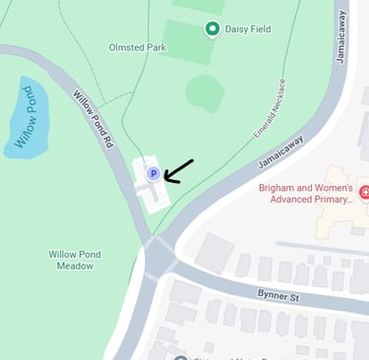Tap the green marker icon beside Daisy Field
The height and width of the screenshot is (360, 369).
click(x=212, y=29)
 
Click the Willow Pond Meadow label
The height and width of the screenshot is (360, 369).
click(x=76, y=260)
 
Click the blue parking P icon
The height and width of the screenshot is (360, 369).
click(x=153, y=174)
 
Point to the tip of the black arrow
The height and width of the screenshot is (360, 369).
click(x=165, y=179)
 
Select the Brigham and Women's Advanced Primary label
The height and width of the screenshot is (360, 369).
click(x=305, y=193)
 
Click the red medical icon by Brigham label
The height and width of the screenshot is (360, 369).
click(x=364, y=191)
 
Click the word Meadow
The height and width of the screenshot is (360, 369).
click(x=76, y=267)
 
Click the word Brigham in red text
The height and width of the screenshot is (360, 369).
click(x=279, y=187)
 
